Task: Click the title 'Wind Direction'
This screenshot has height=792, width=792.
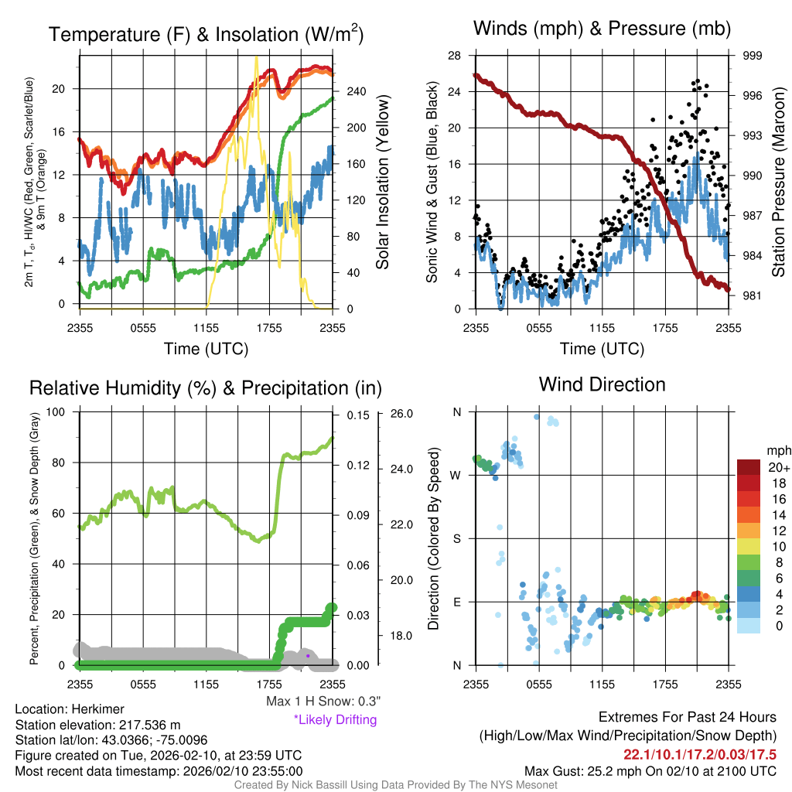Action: (602, 384)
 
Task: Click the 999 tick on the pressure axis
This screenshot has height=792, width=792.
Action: (753, 56)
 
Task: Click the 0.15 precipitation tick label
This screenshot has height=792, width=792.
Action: (357, 415)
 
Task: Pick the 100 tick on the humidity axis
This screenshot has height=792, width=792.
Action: (56, 412)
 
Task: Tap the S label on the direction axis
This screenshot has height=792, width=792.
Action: (457, 538)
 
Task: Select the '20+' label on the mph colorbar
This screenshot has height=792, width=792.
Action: (776, 468)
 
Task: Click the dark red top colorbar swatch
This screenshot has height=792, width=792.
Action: (750, 467)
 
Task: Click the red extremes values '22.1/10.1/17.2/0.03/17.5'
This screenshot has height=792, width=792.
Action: (700, 754)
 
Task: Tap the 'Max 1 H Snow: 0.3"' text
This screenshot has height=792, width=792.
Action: (323, 702)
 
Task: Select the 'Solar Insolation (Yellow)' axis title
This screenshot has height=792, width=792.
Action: (382, 183)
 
